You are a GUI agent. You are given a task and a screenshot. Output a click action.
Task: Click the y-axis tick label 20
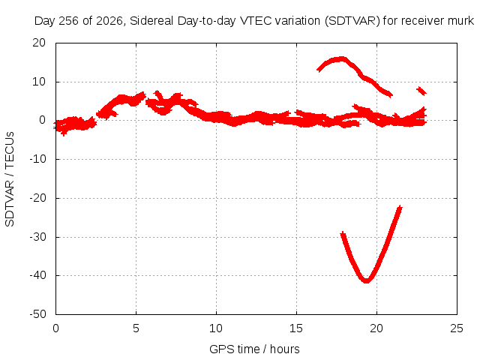(x=39, y=43)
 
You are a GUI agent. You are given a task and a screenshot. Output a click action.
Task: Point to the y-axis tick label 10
(x=39, y=82)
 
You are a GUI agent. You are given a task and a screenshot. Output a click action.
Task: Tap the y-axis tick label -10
(x=37, y=159)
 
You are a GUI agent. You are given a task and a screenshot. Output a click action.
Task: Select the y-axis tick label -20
(x=37, y=198)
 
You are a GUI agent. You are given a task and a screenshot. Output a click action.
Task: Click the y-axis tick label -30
(x=37, y=237)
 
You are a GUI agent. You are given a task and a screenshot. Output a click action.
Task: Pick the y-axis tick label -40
(x=37, y=275)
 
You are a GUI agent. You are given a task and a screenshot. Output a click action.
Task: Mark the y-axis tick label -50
(x=37, y=314)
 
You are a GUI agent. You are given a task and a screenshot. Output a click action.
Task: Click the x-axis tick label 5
(x=136, y=328)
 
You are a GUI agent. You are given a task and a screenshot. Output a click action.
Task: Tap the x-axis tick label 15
(x=296, y=328)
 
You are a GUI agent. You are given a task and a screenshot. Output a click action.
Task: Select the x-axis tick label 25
(x=457, y=328)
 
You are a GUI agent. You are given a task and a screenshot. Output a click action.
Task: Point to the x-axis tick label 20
(x=376, y=328)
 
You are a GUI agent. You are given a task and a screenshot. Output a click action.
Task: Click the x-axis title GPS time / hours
(x=254, y=349)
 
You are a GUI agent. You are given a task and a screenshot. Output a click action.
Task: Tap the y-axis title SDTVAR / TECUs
(x=10, y=179)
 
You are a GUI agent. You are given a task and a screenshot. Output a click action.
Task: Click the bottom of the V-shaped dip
(x=366, y=280)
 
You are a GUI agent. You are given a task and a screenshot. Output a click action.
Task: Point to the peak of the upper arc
(x=340, y=59)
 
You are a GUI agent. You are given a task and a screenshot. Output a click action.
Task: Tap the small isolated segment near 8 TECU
(x=421, y=91)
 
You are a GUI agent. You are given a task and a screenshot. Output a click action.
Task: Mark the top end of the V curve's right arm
(x=400, y=208)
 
